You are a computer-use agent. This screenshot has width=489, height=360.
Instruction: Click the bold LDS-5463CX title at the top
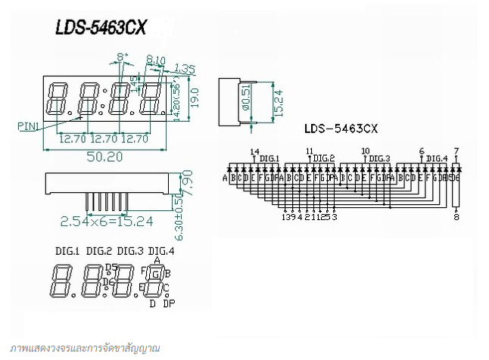point(101,27)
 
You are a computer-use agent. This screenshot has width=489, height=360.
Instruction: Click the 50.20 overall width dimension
point(104,157)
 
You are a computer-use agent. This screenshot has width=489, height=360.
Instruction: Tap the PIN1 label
point(28,127)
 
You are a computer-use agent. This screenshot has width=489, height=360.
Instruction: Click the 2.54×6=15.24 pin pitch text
point(107,221)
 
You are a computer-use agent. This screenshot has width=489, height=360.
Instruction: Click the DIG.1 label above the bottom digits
point(67,250)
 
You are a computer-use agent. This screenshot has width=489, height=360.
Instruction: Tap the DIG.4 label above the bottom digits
point(161,250)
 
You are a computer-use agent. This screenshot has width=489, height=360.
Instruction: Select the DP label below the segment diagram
point(168,303)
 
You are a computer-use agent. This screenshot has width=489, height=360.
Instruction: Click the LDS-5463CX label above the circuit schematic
point(341,129)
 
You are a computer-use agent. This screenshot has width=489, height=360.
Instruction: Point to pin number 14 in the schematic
point(254,151)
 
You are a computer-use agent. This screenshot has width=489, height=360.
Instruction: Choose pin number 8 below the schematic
point(456,217)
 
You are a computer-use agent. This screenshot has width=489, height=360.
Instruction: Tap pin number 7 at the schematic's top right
point(456,151)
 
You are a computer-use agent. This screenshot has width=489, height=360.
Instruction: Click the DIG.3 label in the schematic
point(379,159)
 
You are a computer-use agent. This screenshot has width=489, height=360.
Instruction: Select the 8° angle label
point(122,57)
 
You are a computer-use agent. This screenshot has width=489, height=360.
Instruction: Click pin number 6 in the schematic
point(421,151)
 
